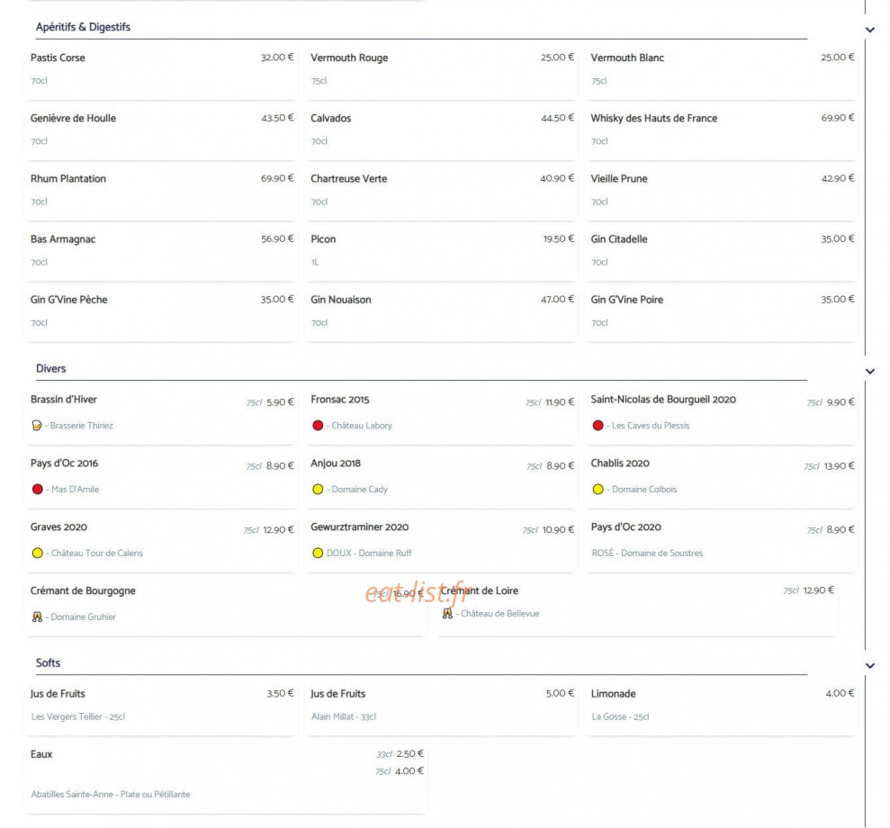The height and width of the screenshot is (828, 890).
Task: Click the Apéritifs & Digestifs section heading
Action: coord(83,27)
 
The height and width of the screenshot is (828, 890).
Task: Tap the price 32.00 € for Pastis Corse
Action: coord(277,58)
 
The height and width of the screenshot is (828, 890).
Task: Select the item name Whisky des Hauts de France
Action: coord(654,118)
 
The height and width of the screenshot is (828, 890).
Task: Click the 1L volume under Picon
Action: coord(315,262)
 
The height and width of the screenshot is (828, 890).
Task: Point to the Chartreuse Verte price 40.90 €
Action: coord(557,178)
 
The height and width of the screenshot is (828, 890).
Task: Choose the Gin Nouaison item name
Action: coord(340,300)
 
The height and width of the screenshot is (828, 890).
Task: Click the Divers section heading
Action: coord(51,368)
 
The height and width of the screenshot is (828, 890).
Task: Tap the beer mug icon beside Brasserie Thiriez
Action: coord(37,425)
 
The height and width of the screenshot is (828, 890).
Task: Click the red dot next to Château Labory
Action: coord(318,425)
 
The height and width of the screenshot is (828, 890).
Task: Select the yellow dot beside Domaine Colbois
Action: coord(598,490)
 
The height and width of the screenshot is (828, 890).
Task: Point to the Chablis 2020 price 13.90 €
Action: coord(839,466)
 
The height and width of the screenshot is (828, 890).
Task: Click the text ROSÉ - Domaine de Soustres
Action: coord(647,553)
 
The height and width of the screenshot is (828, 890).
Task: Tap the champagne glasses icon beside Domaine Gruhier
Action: coord(37,616)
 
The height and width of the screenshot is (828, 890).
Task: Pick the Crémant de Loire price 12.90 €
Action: coord(819,590)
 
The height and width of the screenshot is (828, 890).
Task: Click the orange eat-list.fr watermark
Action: coord(418,593)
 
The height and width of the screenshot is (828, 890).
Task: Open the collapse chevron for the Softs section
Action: coord(870,665)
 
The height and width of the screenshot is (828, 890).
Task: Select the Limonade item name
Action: coord(613,694)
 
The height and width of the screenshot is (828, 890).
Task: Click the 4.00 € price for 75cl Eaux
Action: coord(409,770)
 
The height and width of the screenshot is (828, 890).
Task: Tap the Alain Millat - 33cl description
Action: coord(344,716)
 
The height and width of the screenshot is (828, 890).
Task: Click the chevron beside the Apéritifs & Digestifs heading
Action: coord(870,30)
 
